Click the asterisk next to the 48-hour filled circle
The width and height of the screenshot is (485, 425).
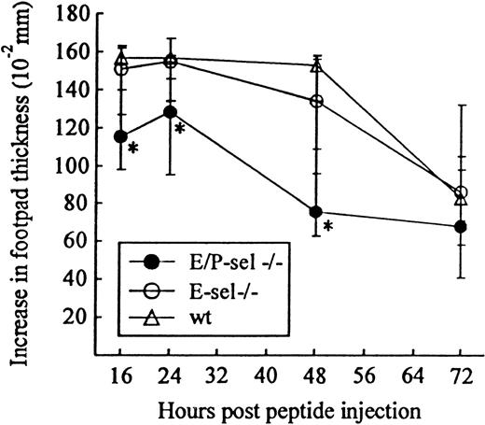click(x=328, y=225)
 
